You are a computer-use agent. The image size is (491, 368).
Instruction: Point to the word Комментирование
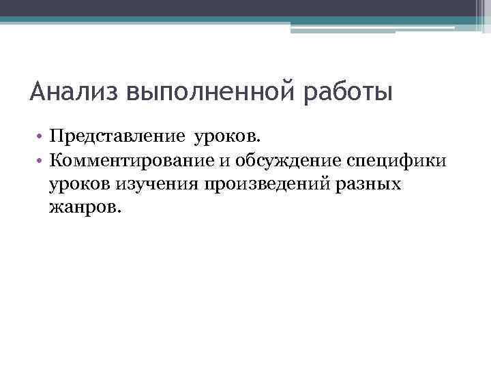click(134, 160)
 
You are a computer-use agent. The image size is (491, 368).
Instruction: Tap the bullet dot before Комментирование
click(41, 161)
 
